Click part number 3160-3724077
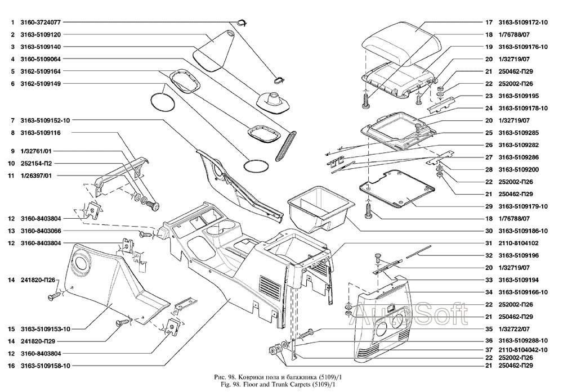click(40, 22)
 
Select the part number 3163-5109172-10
click(523, 23)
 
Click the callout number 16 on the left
click(11, 366)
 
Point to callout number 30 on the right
click(489, 231)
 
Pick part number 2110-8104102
click(519, 243)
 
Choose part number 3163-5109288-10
click(523, 341)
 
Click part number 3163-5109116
click(41, 133)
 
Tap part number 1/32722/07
click(516, 328)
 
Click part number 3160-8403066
click(41, 231)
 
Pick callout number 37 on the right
click(489, 353)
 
